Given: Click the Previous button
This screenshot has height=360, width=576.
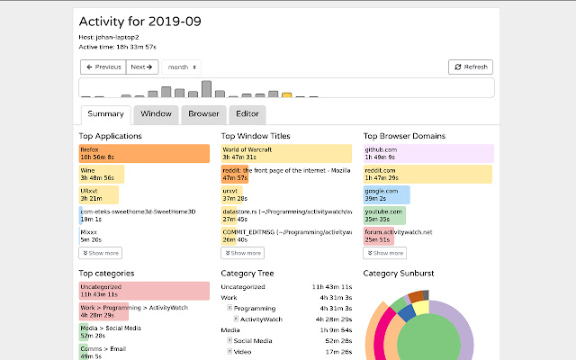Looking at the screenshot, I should (x=103, y=67).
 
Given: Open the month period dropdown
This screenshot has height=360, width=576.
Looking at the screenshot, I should (x=182, y=67).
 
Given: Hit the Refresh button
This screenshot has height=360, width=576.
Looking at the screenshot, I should (x=471, y=67).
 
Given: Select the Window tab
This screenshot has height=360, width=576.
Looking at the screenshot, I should (x=156, y=114).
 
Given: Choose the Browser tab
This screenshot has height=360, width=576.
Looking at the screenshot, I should (x=203, y=114).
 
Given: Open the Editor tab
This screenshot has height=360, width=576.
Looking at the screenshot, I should (x=247, y=114).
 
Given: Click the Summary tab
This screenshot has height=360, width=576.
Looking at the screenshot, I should (x=105, y=114).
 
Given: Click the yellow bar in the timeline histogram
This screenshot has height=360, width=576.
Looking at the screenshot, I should (x=286, y=94).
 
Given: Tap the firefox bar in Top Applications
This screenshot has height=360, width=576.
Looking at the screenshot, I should (x=144, y=154).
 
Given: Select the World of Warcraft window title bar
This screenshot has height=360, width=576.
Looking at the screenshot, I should (x=286, y=154).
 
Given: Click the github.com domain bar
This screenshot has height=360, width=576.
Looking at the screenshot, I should (x=427, y=154).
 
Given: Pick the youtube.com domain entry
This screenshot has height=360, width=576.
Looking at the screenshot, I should (x=384, y=215).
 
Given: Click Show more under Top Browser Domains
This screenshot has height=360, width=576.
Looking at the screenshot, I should (x=384, y=254).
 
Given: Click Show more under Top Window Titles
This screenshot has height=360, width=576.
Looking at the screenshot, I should (x=243, y=254).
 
